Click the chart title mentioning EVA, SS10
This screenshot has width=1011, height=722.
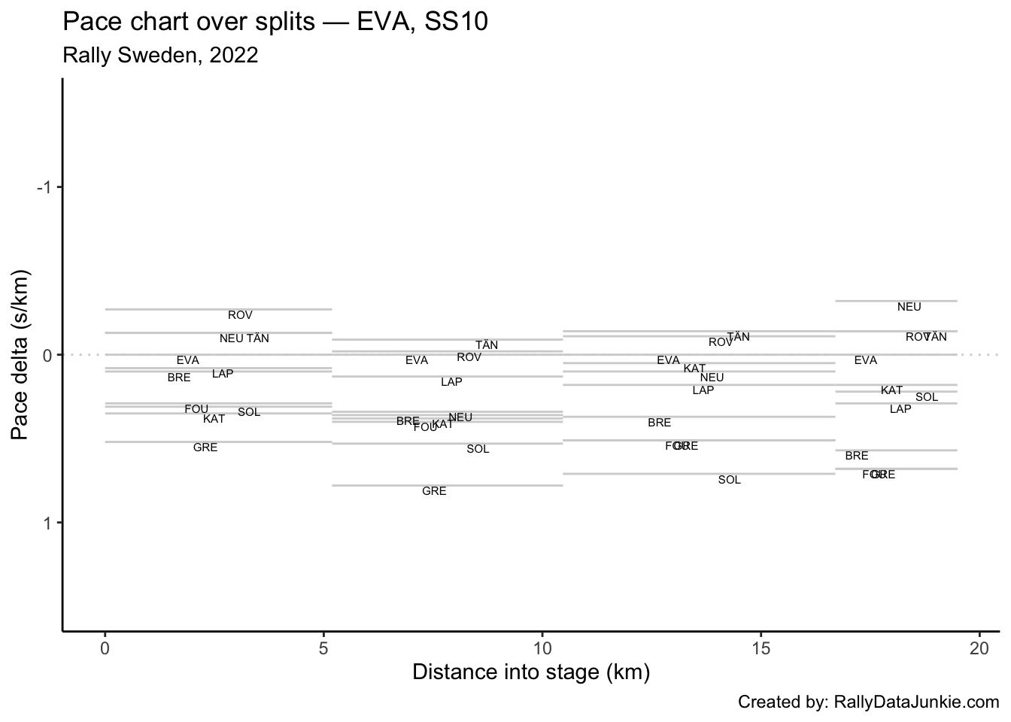coord(275,22)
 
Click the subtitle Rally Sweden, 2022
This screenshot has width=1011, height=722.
coord(160,56)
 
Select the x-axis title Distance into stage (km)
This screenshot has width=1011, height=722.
coord(531,672)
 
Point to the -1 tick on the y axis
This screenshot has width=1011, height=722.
coord(45,187)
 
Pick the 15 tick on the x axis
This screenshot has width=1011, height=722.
coord(761,648)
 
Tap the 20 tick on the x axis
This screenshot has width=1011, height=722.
coord(979,648)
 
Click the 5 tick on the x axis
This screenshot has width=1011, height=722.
coord(323,648)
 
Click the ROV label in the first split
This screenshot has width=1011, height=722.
coord(240,316)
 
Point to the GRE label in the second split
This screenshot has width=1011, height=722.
coord(434,492)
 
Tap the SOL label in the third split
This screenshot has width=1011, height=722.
coord(729,481)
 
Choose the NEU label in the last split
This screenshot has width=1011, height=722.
coord(909,308)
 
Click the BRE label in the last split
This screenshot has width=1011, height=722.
coord(856,457)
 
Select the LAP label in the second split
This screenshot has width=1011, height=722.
coord(451,383)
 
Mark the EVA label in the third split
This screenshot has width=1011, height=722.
coord(668,361)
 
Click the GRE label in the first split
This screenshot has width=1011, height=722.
coord(205,448)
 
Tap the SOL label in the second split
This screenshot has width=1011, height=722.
coord(478,450)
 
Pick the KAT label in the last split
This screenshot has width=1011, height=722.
coord(891,391)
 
